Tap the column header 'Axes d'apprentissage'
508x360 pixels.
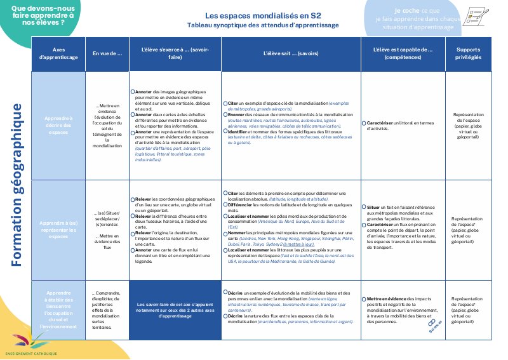click(58, 53)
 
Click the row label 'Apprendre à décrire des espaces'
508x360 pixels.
click(58, 126)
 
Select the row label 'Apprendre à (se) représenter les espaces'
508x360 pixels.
click(58, 229)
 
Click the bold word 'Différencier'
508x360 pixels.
click(241, 206)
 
